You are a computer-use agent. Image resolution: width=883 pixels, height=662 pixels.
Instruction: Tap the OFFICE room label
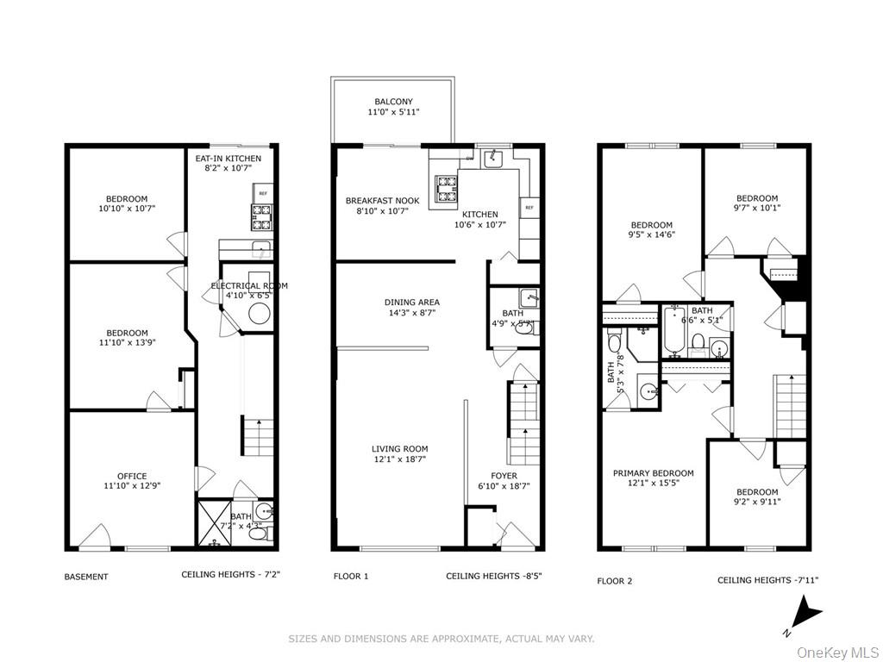click(132, 476)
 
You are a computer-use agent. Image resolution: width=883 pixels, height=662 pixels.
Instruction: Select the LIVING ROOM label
click(399, 448)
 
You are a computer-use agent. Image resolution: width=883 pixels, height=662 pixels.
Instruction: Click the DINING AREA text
click(412, 302)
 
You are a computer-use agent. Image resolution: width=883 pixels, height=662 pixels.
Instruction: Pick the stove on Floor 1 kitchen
click(445, 189)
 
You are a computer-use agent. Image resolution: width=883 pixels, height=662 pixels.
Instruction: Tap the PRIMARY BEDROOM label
click(653, 473)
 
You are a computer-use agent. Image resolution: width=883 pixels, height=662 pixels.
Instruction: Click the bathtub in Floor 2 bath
click(673, 337)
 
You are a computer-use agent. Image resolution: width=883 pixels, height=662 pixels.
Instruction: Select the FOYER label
click(504, 475)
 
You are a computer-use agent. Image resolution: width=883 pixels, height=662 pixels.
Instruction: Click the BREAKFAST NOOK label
click(382, 201)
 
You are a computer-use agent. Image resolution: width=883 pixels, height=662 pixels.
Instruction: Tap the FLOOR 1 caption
click(351, 576)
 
